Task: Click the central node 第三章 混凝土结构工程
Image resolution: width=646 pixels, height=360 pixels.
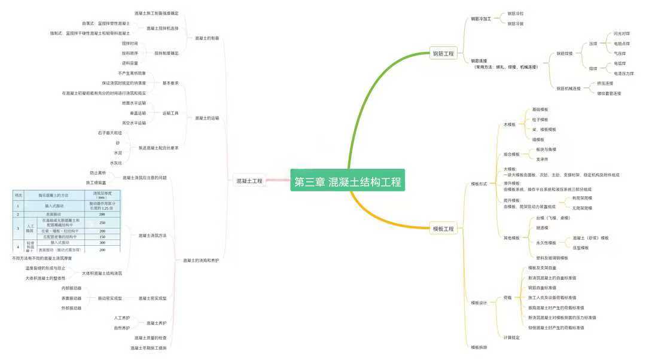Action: click(x=348, y=182)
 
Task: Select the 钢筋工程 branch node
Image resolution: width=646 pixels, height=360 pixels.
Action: click(x=443, y=54)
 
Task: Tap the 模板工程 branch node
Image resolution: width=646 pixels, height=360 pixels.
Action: click(x=443, y=228)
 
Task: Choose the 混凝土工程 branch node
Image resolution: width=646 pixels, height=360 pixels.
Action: click(x=249, y=181)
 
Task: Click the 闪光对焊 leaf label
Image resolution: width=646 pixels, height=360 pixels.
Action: click(x=621, y=33)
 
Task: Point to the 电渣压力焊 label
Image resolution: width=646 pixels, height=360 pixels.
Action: click(x=624, y=73)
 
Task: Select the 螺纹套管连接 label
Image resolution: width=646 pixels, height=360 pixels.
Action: click(x=609, y=93)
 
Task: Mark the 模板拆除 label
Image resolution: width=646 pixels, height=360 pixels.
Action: click(x=479, y=347)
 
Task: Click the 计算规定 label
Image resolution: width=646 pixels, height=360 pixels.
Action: click(x=511, y=337)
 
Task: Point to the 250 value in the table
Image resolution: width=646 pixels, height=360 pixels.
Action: click(x=102, y=222)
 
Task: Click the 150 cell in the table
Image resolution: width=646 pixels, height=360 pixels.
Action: click(x=102, y=237)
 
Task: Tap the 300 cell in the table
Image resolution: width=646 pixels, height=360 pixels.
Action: click(x=102, y=243)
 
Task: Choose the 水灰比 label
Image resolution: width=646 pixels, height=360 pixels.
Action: click(x=116, y=163)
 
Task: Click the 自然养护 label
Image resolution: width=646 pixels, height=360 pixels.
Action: click(x=122, y=328)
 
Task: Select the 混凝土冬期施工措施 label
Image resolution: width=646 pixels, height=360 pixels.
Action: click(x=149, y=347)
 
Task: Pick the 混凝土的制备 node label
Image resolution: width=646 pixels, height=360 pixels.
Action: click(x=207, y=38)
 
